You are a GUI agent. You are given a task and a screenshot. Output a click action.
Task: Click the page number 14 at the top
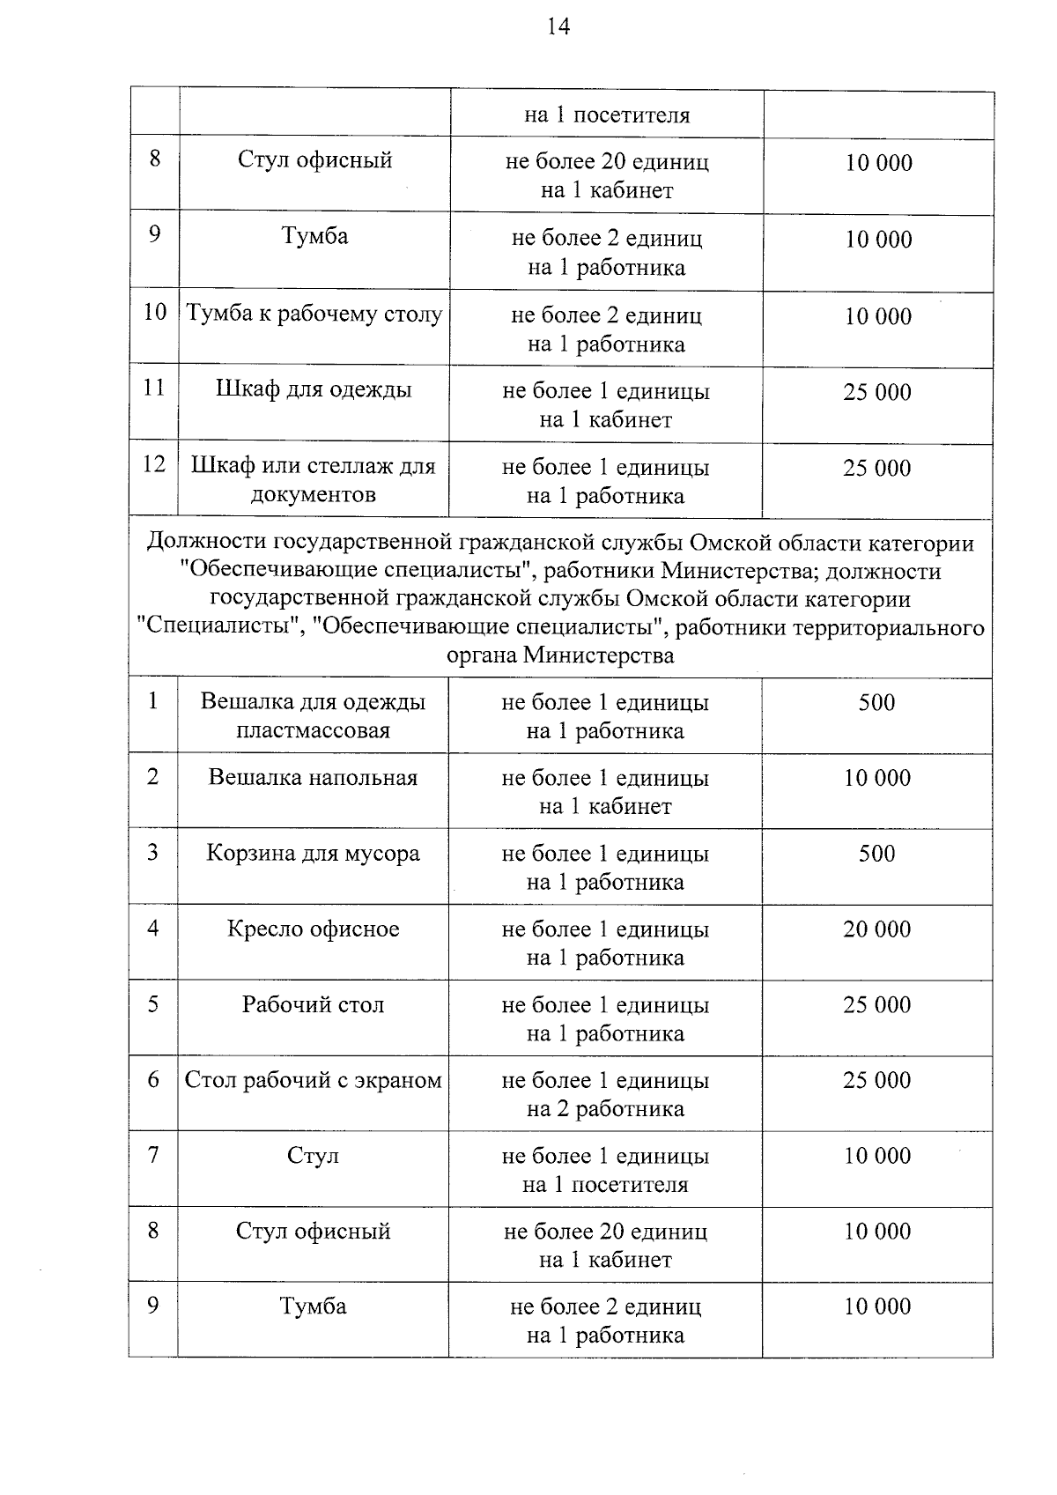(558, 27)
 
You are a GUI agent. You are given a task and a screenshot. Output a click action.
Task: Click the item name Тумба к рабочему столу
(314, 315)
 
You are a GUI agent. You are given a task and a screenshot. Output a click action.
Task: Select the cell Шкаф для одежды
(314, 389)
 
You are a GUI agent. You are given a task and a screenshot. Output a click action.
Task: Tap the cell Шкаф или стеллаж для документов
(314, 480)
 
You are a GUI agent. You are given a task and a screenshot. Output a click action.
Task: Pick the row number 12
(154, 464)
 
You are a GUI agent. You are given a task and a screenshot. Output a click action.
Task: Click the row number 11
(154, 389)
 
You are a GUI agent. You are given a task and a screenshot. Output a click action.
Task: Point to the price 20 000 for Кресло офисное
(877, 929)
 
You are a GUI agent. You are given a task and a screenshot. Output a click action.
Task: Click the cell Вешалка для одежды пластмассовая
(314, 715)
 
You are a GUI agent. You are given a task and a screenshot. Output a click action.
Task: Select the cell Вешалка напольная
(313, 778)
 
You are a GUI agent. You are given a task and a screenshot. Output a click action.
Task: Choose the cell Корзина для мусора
(313, 854)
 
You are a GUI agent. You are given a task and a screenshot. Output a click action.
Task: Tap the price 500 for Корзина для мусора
(877, 854)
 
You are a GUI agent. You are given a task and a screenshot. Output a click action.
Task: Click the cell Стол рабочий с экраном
(313, 1081)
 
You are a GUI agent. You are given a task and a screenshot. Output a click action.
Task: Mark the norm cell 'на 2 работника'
(605, 1109)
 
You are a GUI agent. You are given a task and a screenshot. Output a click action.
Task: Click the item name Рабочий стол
(313, 1005)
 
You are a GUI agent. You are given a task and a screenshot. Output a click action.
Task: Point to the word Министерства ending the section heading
(598, 656)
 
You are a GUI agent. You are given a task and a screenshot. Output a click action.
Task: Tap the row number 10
(155, 313)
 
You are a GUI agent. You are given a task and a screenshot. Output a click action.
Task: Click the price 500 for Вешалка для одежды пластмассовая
(877, 703)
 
